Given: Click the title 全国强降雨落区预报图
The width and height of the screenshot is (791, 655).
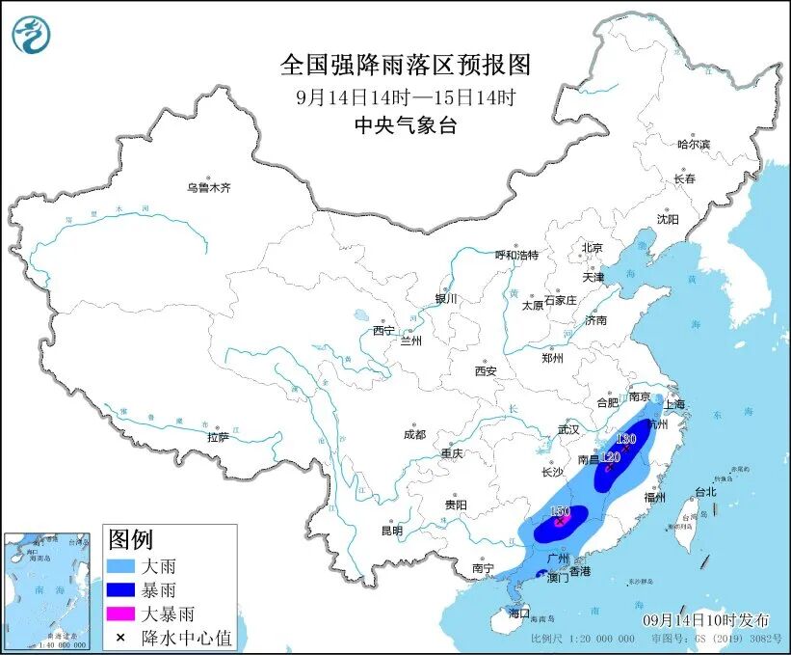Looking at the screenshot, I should (406, 65).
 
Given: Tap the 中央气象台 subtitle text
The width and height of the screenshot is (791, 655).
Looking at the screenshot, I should (406, 123).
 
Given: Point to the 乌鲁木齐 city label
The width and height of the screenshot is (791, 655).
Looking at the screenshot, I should (209, 188).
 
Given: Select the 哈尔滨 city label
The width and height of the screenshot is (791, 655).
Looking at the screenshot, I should (693, 144).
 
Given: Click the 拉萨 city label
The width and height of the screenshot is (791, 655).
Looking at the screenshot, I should (218, 437).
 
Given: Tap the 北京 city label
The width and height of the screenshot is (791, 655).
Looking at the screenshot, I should (592, 248).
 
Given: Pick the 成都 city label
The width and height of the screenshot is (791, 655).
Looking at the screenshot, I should (415, 434).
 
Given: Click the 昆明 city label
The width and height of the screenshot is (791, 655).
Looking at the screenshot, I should (391, 530).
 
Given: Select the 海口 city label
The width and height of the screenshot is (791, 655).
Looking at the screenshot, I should (520, 613).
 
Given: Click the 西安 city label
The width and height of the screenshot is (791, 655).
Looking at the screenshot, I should (486, 371).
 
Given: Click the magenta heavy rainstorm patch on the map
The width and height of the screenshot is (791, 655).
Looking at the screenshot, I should (561, 521).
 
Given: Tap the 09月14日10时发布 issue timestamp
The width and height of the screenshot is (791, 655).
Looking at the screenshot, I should (706, 618).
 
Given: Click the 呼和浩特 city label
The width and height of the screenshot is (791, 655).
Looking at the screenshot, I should (516, 255).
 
